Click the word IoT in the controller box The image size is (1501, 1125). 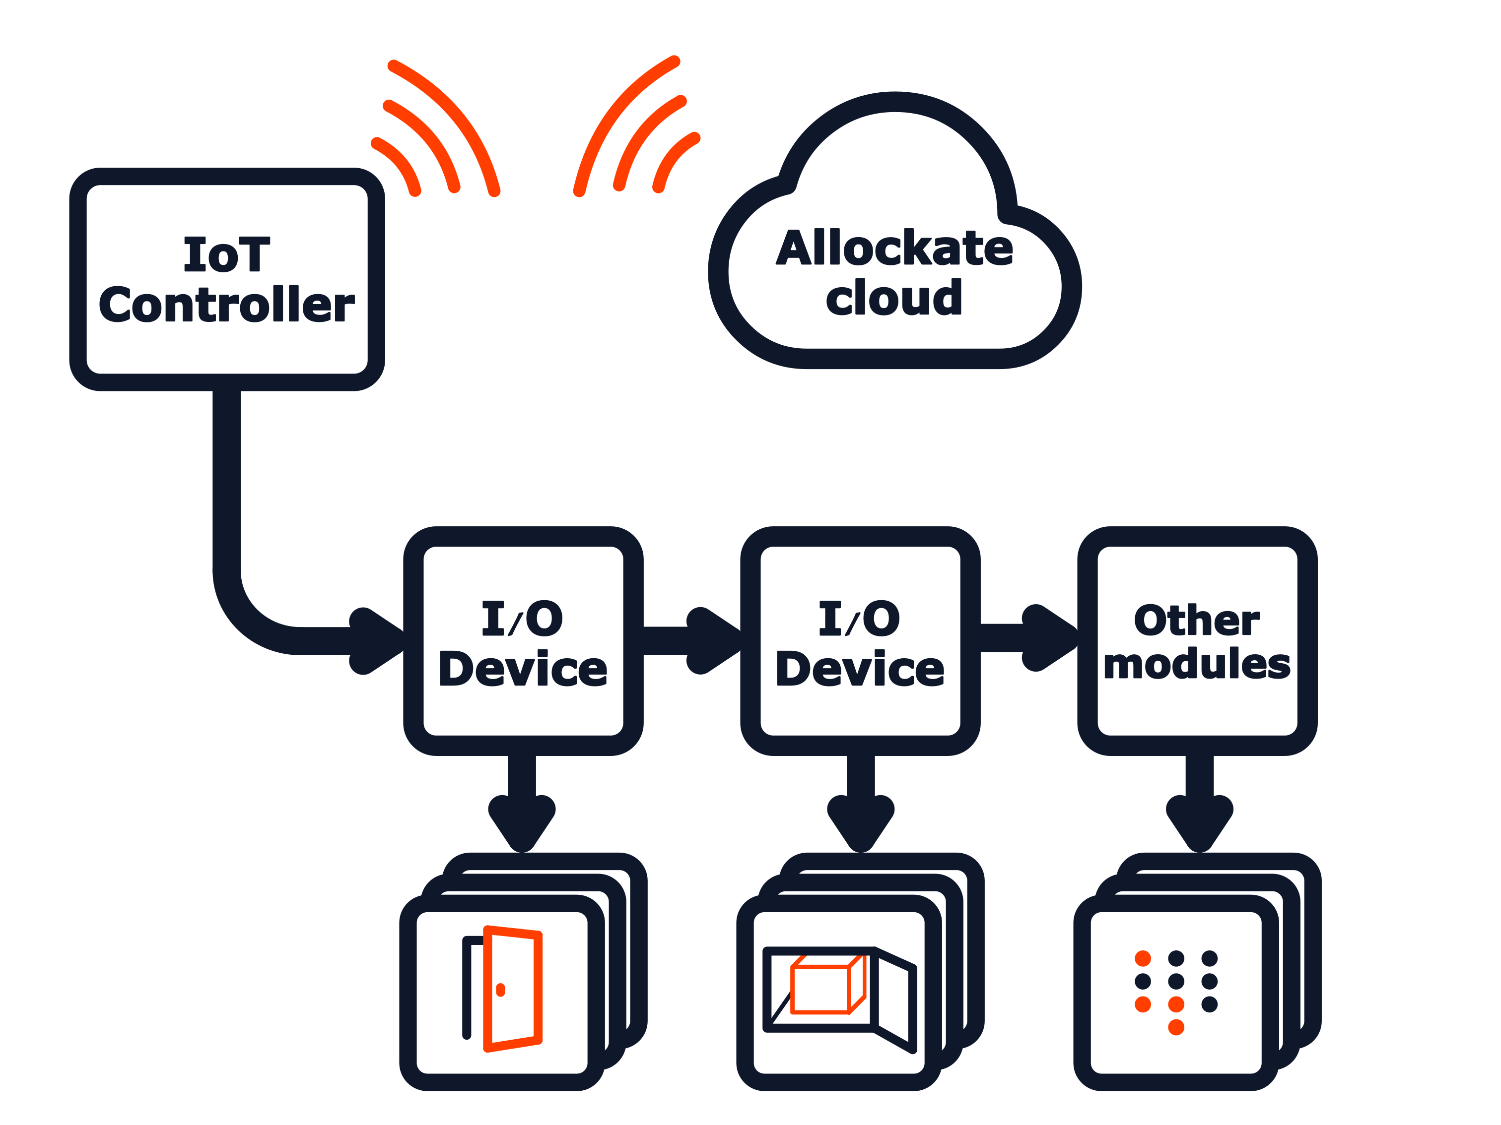tap(227, 255)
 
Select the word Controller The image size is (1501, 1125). tap(227, 305)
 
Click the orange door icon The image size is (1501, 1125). tap(514, 989)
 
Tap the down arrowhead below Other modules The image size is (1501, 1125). tap(1199, 822)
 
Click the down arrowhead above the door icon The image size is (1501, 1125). tap(522, 822)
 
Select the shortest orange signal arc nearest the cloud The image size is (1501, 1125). tap(671, 159)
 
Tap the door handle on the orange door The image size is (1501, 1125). tap(501, 990)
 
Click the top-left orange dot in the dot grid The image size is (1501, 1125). tap(1143, 958)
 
